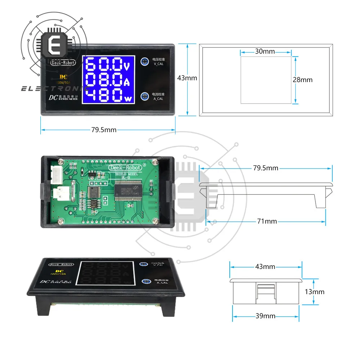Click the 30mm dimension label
pyautogui.click(x=265, y=51)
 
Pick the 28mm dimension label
pyautogui.click(x=302, y=80)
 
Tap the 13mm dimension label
pyautogui.click(x=314, y=292)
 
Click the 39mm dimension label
pyautogui.click(x=265, y=316)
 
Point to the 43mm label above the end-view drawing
pyautogui.click(x=265, y=267)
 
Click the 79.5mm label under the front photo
pyautogui.click(x=104, y=130)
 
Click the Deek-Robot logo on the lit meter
pyautogui.click(x=63, y=63)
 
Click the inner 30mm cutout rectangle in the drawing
pyautogui.click(x=266, y=80)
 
